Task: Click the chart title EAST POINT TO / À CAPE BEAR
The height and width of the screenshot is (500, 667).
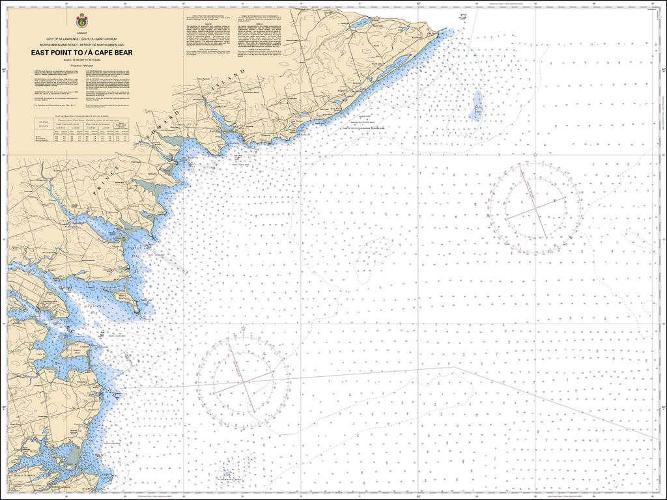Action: click(81, 53)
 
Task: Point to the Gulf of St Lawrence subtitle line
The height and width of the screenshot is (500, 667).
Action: click(81, 39)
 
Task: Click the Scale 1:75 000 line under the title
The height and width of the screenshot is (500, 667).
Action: click(81, 60)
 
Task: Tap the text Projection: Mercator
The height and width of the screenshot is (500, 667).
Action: click(81, 66)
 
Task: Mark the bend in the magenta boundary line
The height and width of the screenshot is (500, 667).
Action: click(454, 367)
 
